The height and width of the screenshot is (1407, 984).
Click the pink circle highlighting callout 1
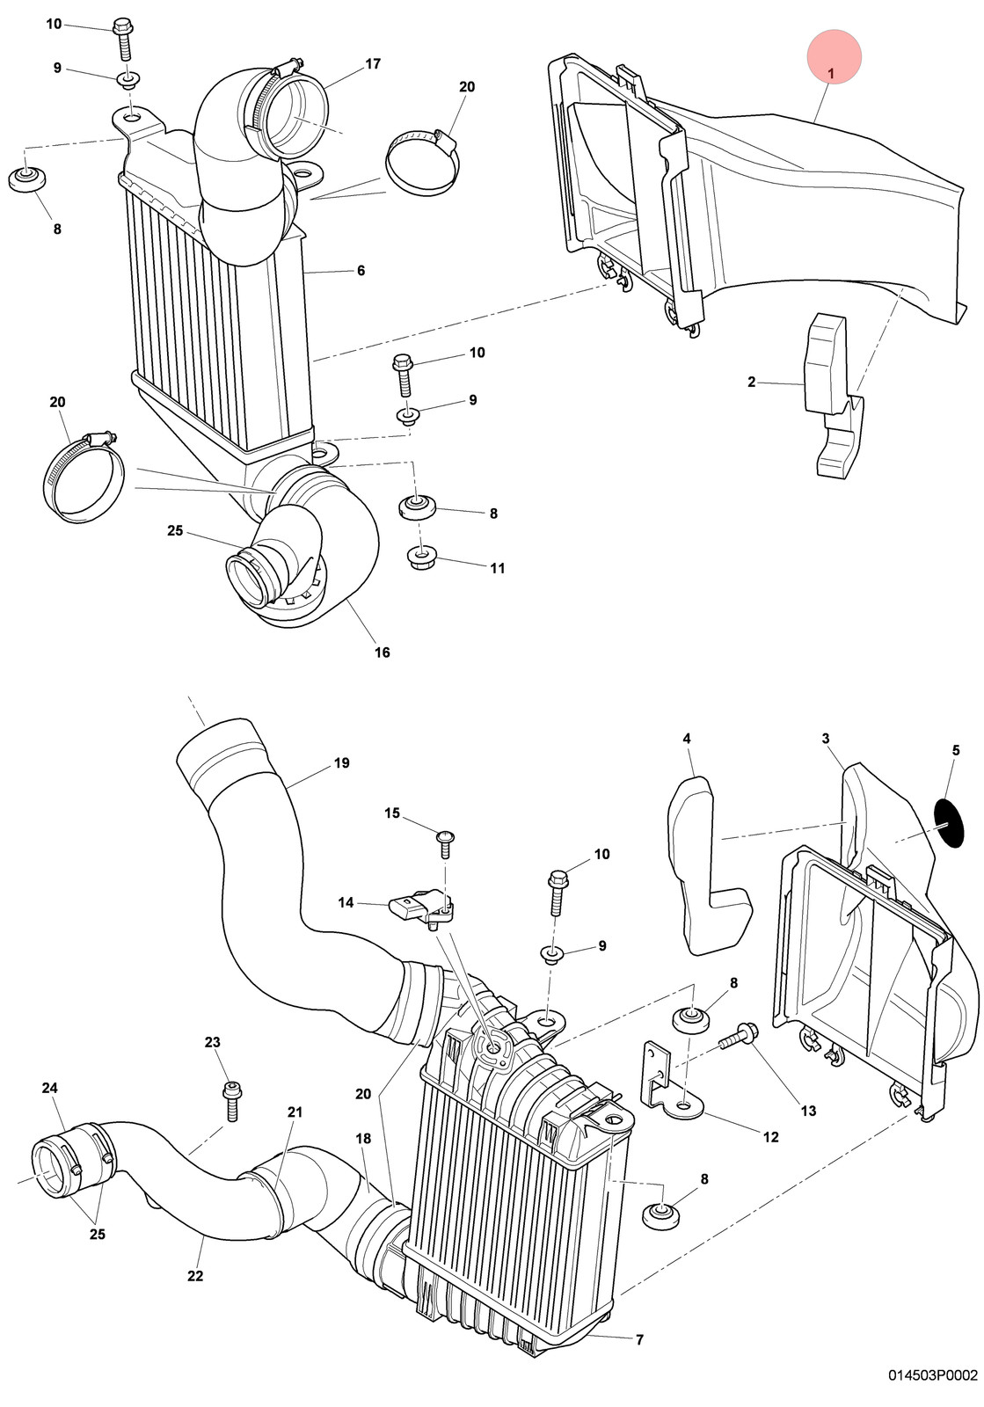click(x=834, y=56)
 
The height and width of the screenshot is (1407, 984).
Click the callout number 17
click(x=373, y=64)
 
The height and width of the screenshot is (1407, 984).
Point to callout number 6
click(x=361, y=271)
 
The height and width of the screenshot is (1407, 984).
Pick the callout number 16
click(x=383, y=652)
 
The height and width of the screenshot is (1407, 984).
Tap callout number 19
click(x=341, y=763)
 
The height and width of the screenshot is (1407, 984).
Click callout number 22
click(x=195, y=1276)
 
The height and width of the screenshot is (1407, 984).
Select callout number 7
click(x=639, y=1340)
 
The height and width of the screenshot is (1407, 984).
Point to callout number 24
click(x=49, y=1087)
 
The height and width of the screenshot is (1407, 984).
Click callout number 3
click(x=826, y=738)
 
